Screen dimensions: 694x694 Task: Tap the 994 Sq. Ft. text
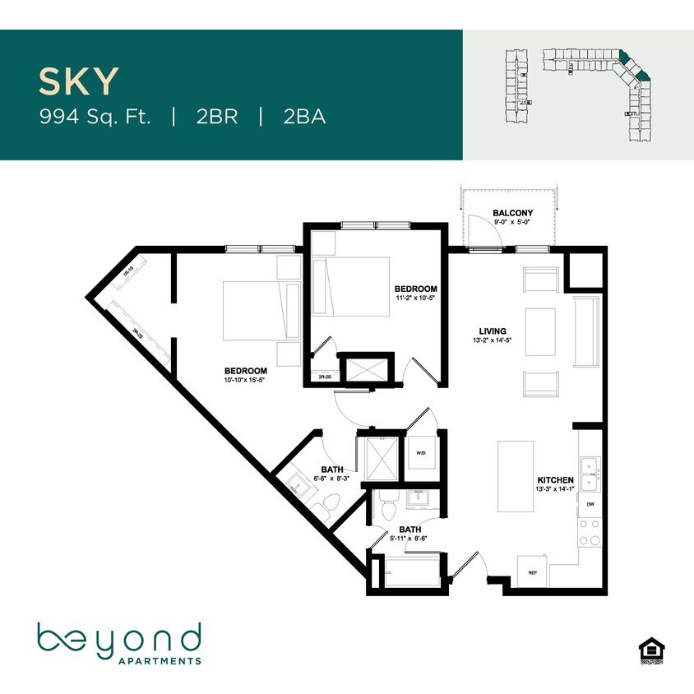[95, 116]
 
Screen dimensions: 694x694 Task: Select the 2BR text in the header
[217, 116]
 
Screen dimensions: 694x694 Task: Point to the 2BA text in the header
[304, 116]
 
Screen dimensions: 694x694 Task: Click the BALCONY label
[513, 213]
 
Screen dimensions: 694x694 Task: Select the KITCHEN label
[555, 479]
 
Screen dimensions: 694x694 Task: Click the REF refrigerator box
[532, 572]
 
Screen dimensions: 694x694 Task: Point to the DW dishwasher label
[590, 505]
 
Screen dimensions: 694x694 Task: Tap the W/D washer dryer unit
[422, 453]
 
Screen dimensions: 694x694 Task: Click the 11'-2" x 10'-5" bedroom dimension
[415, 298]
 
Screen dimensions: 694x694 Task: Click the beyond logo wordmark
[119, 638]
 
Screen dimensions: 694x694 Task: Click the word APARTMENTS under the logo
[160, 660]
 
